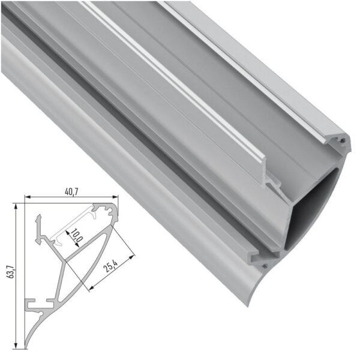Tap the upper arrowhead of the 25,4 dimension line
click(133, 254)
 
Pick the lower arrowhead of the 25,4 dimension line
click(89, 290)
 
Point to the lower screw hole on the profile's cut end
click(265, 262)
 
